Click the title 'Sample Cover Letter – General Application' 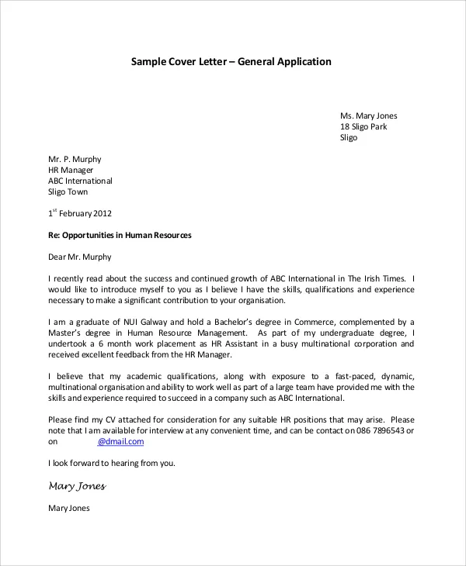point(231,62)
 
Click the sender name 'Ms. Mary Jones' point(368,116)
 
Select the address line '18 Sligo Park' point(363,126)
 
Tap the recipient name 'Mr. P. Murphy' point(75,159)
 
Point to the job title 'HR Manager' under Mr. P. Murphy point(71,170)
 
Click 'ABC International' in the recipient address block point(80,181)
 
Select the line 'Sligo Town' point(68,192)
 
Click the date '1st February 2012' point(80,213)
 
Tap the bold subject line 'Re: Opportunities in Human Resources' point(120,235)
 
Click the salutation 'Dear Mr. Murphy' point(80,257)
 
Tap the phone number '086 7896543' point(376,430)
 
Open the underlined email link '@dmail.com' point(120,441)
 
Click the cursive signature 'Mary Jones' point(77,486)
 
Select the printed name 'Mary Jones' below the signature point(69,509)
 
